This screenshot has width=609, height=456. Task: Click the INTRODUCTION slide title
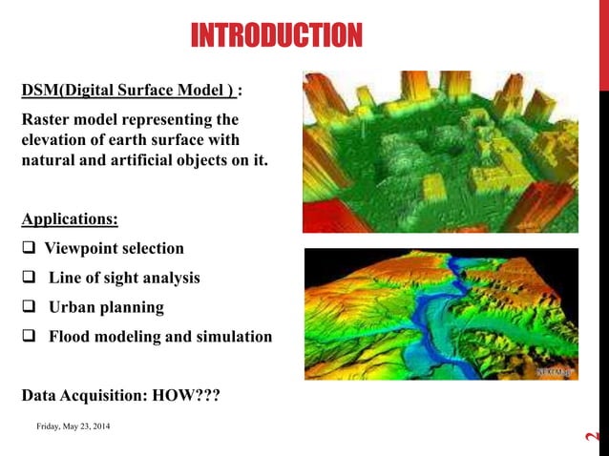[x=276, y=36]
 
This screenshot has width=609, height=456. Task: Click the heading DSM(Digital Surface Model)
[x=128, y=92]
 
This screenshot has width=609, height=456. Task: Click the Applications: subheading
[x=70, y=219]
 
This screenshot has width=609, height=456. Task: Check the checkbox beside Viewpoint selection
[x=29, y=249]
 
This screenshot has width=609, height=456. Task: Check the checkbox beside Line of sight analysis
[x=29, y=279]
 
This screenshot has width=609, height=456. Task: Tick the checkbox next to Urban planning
[x=29, y=308]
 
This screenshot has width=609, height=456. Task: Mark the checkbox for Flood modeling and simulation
[x=29, y=337]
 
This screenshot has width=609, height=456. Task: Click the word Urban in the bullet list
[x=73, y=308]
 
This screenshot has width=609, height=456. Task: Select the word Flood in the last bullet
[x=72, y=337]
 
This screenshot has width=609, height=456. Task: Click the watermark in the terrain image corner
[x=554, y=371]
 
